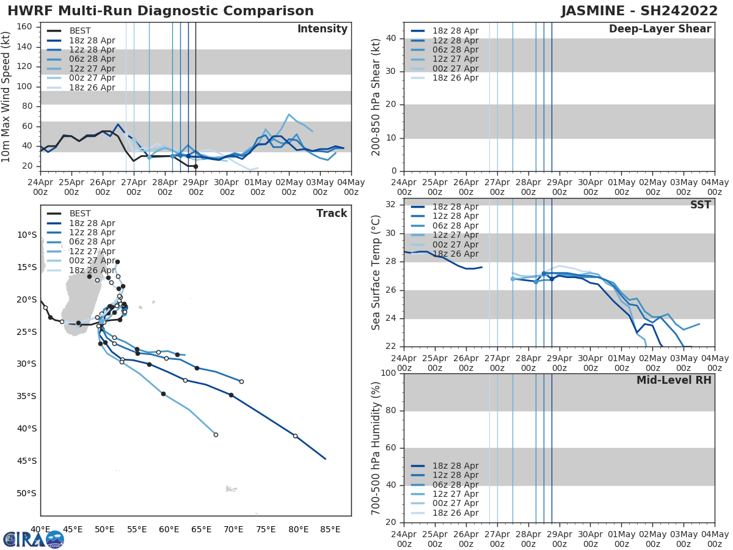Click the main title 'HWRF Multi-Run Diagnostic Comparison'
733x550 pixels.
160,11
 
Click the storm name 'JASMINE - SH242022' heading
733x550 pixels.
640,11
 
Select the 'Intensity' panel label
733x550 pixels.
323,29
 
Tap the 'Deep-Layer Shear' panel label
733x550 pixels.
660,29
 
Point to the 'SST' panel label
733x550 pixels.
700,205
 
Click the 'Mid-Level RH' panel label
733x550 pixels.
673,381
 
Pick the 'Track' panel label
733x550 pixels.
331,214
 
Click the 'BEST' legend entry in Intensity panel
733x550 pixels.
80,31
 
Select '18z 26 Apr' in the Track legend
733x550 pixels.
92,270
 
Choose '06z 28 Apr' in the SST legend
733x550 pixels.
455,226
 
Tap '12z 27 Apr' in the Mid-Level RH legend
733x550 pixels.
455,494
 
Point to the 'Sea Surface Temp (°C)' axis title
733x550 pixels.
376,272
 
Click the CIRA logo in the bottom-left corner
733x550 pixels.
34,539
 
